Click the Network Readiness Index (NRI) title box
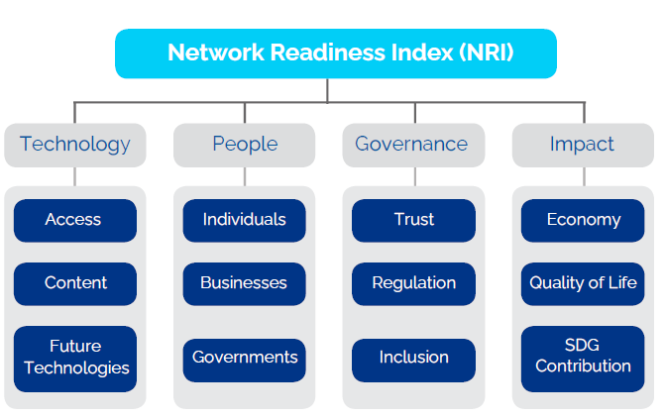point(335,53)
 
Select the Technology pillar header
point(75,145)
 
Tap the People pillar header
point(244,145)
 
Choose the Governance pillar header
point(413,145)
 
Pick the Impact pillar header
point(583,145)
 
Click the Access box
point(75,221)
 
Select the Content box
point(75,283)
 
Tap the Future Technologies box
point(75,359)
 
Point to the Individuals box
point(244,221)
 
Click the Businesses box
point(244,283)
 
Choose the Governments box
point(244,360)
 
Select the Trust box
point(413,221)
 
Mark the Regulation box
point(413,283)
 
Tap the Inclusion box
point(413,360)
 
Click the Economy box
point(583,221)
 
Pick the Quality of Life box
point(583,283)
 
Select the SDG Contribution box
point(583,359)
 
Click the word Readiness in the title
point(328,52)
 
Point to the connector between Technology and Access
point(75,176)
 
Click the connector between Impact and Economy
point(584,176)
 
